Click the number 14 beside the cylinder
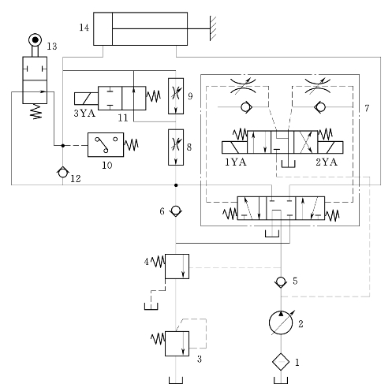84,28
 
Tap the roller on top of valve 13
35,40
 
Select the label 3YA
84,114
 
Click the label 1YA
236,162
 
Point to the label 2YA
327,162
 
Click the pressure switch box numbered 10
106,145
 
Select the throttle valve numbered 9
176,96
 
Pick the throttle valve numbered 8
176,147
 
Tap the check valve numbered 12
62,173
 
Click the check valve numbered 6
176,211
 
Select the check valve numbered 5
281,282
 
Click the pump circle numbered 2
281,322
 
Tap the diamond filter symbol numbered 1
281,362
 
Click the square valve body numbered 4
177,267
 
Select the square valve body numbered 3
177,344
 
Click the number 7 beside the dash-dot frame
367,108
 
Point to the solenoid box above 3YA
86,99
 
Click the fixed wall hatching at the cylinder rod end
213,28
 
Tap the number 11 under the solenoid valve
123,117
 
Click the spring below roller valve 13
35,111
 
